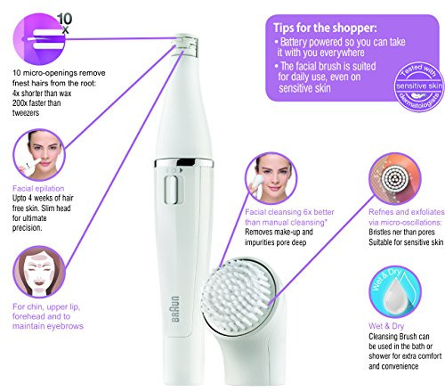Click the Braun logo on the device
(x=175, y=309)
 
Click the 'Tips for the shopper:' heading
(x=325, y=28)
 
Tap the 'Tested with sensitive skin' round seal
(x=419, y=86)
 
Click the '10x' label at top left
(x=65, y=23)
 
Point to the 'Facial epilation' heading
(x=38, y=188)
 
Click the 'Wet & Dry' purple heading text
(x=386, y=326)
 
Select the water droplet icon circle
(x=395, y=292)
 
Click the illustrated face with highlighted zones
(x=39, y=272)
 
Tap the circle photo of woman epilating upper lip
(x=39, y=155)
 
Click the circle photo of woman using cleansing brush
(x=271, y=178)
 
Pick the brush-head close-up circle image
(x=395, y=178)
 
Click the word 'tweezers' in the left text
(x=26, y=113)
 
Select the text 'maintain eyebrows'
(x=48, y=326)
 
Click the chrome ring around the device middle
(x=184, y=163)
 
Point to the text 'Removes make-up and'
(x=279, y=232)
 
